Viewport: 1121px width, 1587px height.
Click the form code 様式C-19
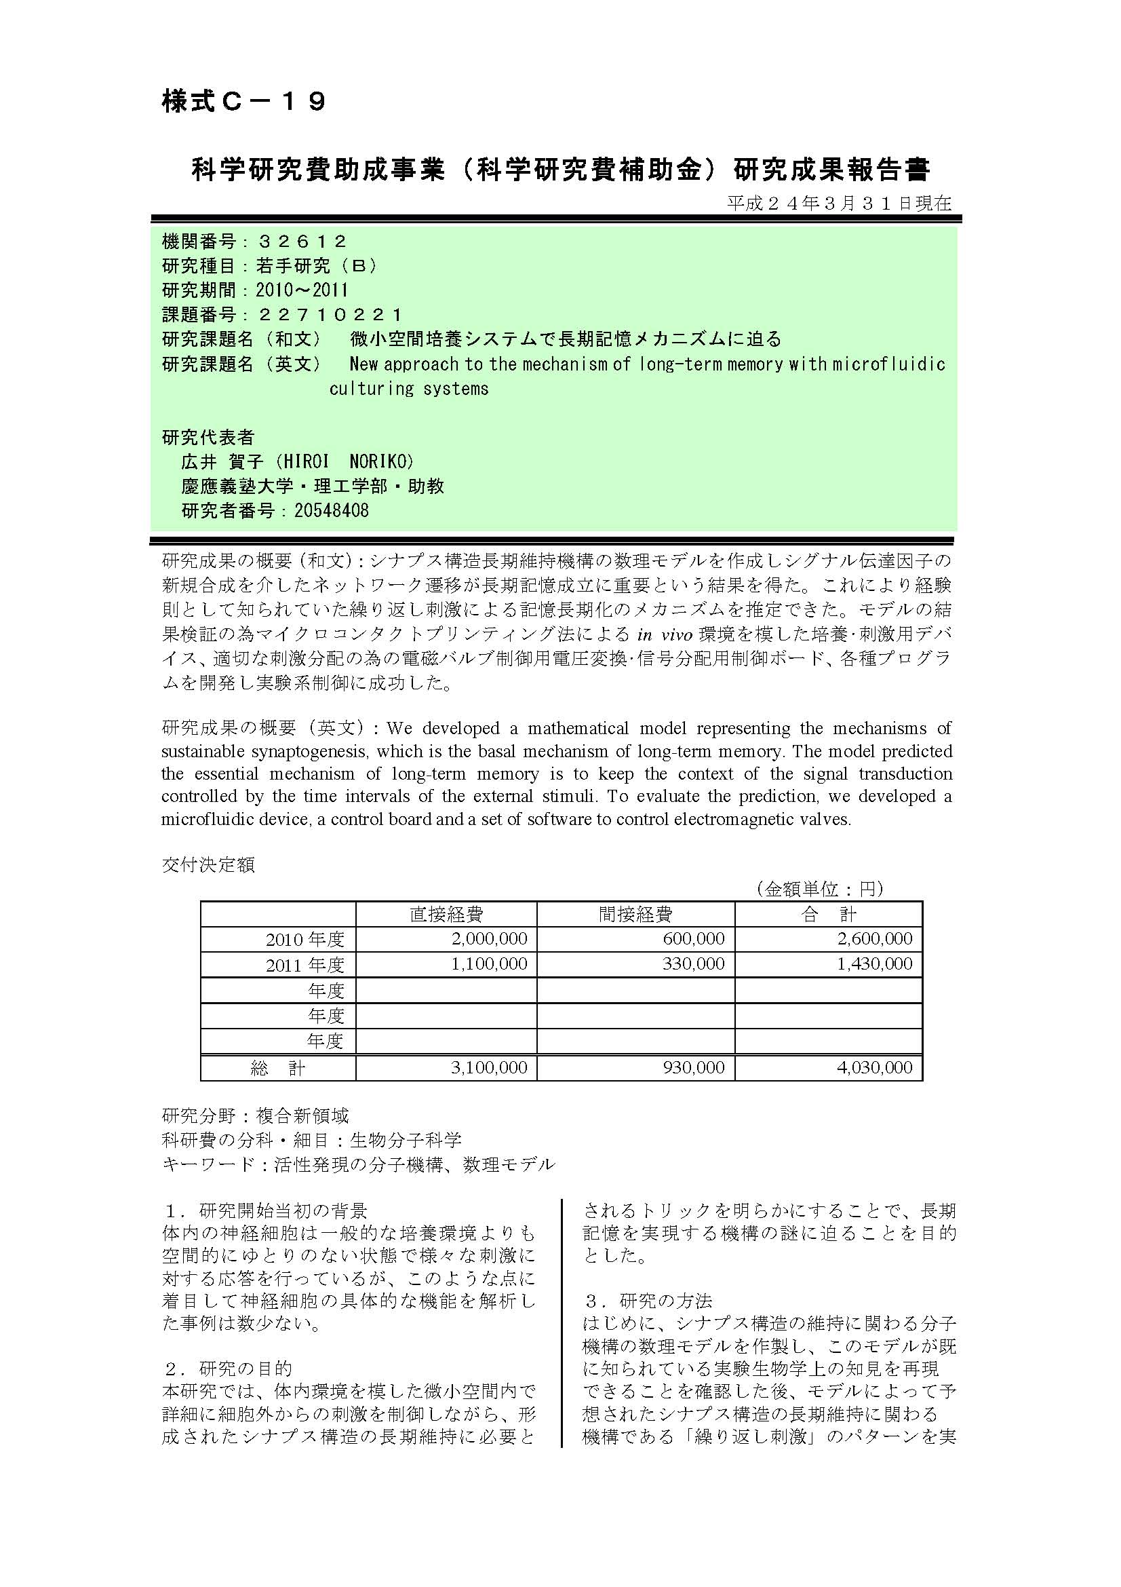tap(243, 102)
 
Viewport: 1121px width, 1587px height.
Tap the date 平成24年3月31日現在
tap(839, 204)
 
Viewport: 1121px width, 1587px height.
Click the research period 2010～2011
tap(302, 290)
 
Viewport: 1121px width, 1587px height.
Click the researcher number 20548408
tap(332, 511)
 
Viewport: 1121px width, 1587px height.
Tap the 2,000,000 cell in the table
tap(489, 938)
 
